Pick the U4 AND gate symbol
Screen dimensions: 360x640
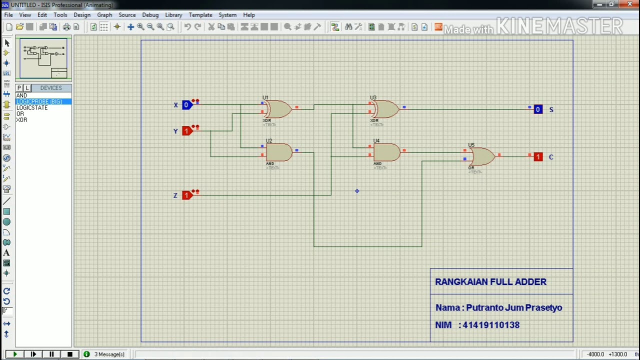click(386, 152)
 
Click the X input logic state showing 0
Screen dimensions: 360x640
click(186, 105)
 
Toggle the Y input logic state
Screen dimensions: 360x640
click(186, 131)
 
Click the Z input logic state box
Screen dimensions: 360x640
click(186, 195)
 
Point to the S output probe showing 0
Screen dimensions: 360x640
click(538, 109)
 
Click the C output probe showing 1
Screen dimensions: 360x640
click(538, 157)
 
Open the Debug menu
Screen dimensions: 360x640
click(150, 15)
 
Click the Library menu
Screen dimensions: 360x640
click(173, 15)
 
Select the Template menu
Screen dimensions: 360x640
click(200, 15)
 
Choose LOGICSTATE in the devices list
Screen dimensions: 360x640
click(32, 107)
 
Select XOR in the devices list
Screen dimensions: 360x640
click(21, 120)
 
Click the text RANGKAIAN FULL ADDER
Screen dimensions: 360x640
click(490, 282)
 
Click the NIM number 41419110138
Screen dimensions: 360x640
click(491, 325)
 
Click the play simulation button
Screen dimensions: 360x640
click(14, 354)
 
